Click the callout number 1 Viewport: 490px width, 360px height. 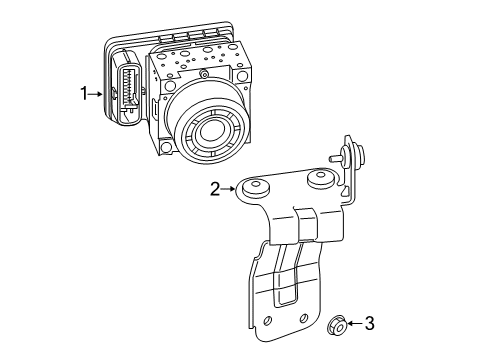coord(84,93)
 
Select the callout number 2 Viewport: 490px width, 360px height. coord(215,189)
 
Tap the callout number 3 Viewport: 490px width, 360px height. coord(370,323)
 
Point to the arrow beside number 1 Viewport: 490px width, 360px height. coord(96,94)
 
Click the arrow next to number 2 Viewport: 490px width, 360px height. coord(229,189)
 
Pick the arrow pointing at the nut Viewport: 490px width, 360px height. coord(355,323)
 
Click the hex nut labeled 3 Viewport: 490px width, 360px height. coord(337,325)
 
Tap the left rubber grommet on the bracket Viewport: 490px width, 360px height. coord(256,187)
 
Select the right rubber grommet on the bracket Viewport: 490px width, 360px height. coord(320,179)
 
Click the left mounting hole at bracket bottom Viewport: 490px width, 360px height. coord(267,321)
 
